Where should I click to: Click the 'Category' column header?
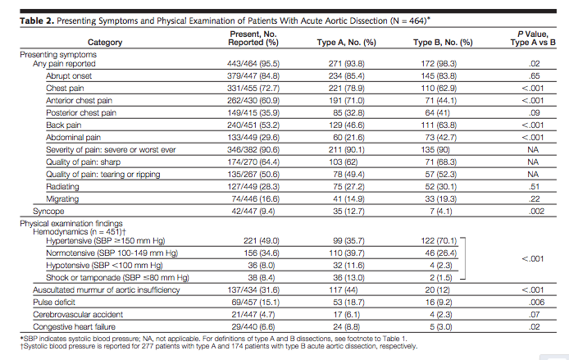click(105, 43)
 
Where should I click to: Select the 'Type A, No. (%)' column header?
click(346, 43)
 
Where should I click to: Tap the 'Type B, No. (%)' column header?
click(443, 43)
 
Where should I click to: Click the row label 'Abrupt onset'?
click(69, 75)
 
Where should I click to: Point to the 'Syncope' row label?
click(48, 212)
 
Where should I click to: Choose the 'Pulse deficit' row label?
click(54, 303)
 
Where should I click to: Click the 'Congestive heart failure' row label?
click(74, 327)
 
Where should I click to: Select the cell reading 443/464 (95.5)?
click(253, 63)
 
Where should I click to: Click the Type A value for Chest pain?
click(347, 89)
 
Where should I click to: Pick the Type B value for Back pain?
click(439, 125)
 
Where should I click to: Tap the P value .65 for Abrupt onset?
click(535, 75)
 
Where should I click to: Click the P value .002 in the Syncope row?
click(536, 212)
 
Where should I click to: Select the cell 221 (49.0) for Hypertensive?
click(262, 241)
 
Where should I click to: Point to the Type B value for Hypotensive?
click(441, 266)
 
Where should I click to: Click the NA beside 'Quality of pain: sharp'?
click(533, 162)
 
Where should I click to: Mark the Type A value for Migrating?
click(348, 199)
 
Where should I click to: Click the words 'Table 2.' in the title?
click(37, 21)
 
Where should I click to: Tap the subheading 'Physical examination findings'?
click(71, 224)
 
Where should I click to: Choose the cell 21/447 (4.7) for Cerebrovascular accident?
click(253, 315)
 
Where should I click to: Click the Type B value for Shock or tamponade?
click(441, 278)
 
